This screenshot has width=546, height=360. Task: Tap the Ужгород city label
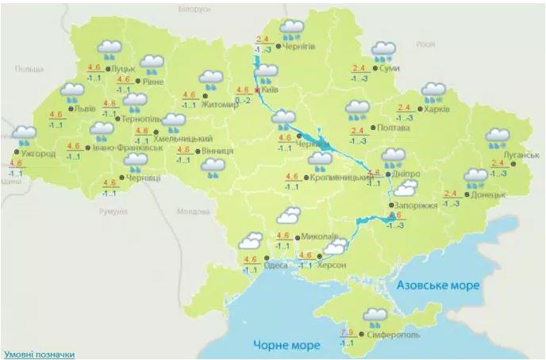point(38,153)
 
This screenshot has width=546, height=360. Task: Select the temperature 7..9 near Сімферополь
point(346,332)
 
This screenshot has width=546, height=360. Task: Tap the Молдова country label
point(194,212)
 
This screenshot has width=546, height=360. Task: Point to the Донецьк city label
point(487,194)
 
